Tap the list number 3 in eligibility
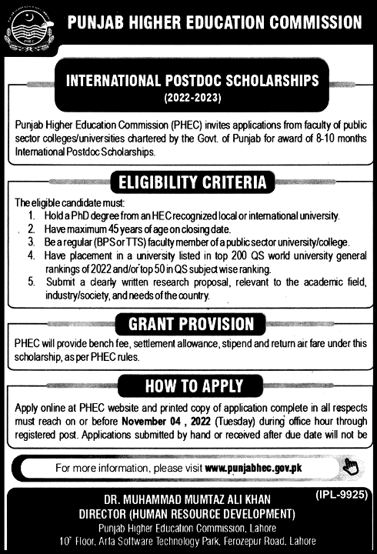[x=32, y=242]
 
